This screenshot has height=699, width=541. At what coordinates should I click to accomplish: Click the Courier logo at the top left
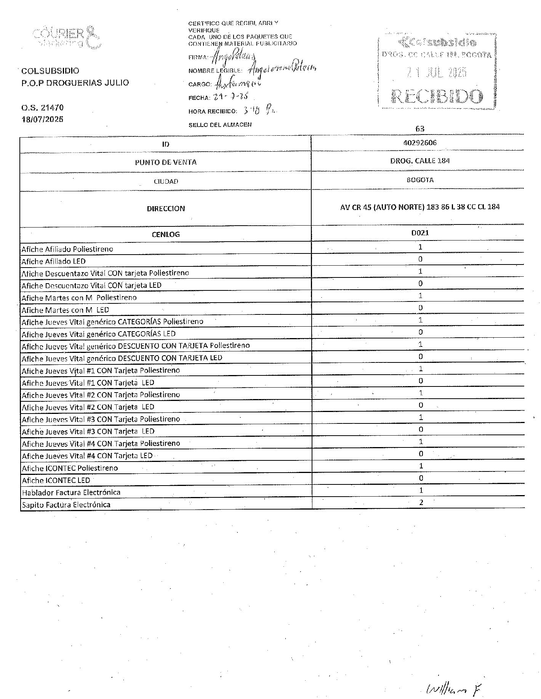click(67, 37)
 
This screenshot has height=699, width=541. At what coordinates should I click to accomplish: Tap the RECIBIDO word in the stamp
click(437, 96)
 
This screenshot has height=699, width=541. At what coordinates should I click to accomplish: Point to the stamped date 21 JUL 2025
click(437, 72)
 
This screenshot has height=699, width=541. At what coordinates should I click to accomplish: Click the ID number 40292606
click(420, 143)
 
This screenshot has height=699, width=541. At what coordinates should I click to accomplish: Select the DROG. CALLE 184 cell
click(420, 161)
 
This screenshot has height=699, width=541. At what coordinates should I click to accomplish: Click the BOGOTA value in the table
click(420, 180)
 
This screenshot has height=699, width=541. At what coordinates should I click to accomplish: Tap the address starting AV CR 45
click(420, 207)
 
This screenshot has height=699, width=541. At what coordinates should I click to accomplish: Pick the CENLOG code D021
click(420, 233)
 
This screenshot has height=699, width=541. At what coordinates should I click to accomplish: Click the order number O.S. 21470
click(42, 108)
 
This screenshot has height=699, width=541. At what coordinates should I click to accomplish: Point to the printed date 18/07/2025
click(42, 119)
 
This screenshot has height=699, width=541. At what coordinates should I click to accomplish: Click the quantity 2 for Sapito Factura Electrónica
click(421, 502)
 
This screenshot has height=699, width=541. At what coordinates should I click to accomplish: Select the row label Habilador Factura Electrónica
click(71, 492)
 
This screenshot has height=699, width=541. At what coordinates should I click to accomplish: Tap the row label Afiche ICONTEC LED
click(56, 480)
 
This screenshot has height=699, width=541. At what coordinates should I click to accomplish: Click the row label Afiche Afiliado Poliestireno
click(67, 249)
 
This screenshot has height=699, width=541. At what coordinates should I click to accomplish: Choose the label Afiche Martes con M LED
click(65, 310)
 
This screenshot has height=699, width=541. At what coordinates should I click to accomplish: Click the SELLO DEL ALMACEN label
click(220, 125)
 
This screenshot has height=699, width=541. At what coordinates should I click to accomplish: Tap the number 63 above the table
click(420, 129)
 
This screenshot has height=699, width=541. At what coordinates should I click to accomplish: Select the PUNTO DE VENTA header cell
click(166, 162)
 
